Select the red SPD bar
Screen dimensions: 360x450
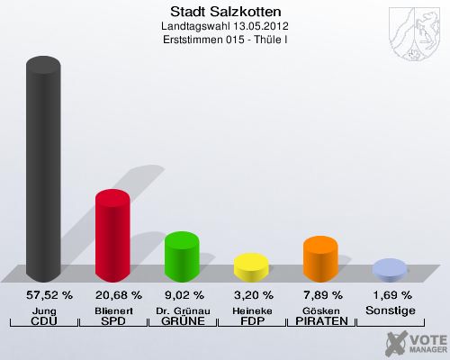(112, 236)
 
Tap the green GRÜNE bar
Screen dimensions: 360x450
(182, 256)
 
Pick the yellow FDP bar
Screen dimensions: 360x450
(251, 267)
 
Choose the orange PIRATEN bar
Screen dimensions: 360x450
(320, 259)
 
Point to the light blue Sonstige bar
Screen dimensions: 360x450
(390, 269)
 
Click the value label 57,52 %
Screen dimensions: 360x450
(43, 295)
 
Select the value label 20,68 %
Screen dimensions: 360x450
(112, 295)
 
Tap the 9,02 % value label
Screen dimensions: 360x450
(182, 295)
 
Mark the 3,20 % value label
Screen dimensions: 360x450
(251, 295)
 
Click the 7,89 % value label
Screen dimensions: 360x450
(320, 295)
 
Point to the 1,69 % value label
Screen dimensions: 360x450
(390, 295)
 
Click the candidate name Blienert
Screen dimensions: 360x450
(112, 310)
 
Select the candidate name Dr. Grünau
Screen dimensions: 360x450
(182, 310)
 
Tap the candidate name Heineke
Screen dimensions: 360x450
(251, 310)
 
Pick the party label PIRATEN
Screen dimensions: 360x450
(320, 322)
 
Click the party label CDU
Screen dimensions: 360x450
(43, 322)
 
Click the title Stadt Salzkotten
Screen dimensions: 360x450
(225, 12)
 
